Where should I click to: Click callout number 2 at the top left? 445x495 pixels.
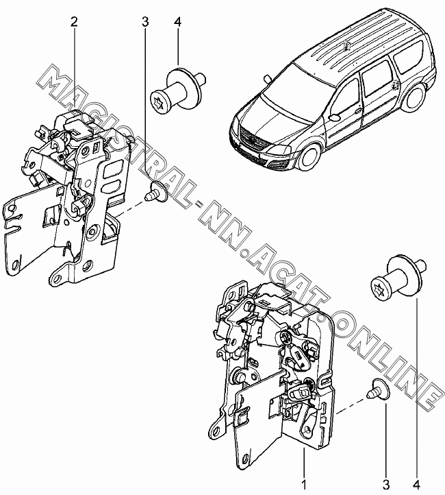coord(74,22)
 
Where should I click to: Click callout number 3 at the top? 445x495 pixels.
coord(145,22)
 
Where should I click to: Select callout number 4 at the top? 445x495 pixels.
coord(177,22)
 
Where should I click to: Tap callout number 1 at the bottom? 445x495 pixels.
coord(304,485)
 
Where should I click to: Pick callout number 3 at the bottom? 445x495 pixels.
coord(385,485)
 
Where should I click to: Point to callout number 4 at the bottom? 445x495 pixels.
coord(417,485)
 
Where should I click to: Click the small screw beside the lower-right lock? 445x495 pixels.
coord(379,389)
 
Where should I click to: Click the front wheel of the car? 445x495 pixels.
coord(309,156)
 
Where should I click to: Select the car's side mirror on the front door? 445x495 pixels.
coord(334,117)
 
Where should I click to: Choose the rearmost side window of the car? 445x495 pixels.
coord(409,56)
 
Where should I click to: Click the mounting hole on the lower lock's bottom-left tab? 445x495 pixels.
coord(215,431)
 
